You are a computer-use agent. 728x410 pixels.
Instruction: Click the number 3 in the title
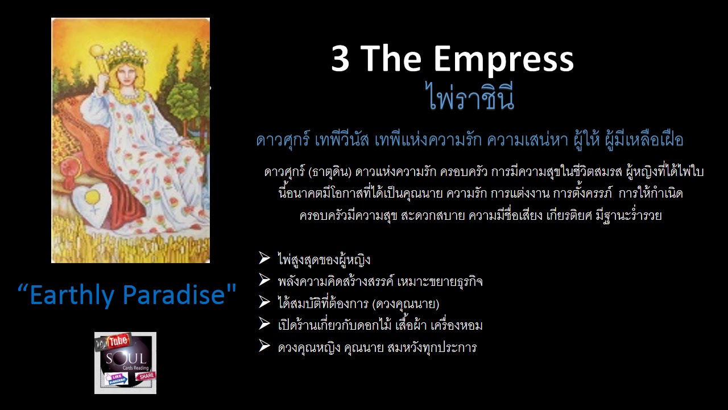(x=340, y=59)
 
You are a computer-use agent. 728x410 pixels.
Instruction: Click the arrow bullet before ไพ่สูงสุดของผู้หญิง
(x=264, y=259)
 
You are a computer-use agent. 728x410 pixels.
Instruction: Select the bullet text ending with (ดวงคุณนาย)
(x=358, y=303)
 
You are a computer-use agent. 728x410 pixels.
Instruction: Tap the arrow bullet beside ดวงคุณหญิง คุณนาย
(x=264, y=346)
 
